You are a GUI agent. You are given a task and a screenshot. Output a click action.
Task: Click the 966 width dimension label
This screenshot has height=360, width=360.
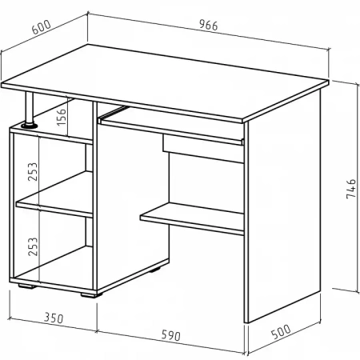click(x=209, y=26)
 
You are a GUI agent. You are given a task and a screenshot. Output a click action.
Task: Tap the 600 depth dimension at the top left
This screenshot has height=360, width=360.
click(x=42, y=27)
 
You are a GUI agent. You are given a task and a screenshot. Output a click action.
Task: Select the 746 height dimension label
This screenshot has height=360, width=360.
click(x=351, y=189)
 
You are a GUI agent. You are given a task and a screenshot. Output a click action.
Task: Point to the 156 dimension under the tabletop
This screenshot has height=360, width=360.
click(x=61, y=117)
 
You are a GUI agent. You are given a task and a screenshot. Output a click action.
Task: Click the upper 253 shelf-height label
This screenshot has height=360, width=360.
click(x=33, y=171)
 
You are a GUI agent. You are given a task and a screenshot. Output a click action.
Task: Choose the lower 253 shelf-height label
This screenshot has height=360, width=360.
click(x=33, y=246)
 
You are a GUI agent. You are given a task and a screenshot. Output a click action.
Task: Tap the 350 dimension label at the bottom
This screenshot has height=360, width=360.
click(x=54, y=318)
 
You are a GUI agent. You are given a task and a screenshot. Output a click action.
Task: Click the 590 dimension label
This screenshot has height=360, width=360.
click(x=170, y=335)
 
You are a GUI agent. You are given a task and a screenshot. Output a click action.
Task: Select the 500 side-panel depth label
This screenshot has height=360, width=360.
click(x=281, y=331)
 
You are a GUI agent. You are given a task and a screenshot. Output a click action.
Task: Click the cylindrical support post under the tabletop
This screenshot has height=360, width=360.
click(x=30, y=108)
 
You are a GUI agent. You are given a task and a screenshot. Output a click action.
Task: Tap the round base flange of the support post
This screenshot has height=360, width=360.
click(x=30, y=125)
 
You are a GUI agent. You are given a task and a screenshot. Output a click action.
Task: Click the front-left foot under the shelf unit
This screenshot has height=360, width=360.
click(x=26, y=286)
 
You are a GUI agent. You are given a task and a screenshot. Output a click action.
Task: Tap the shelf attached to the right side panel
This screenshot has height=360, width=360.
click(x=192, y=218)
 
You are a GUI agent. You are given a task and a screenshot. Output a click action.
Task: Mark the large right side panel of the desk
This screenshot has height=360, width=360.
click(x=282, y=206)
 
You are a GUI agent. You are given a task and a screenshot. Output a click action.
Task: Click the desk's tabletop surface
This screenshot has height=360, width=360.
click(x=165, y=82)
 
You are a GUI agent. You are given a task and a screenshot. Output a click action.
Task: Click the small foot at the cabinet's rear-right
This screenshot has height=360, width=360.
click(x=155, y=270)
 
